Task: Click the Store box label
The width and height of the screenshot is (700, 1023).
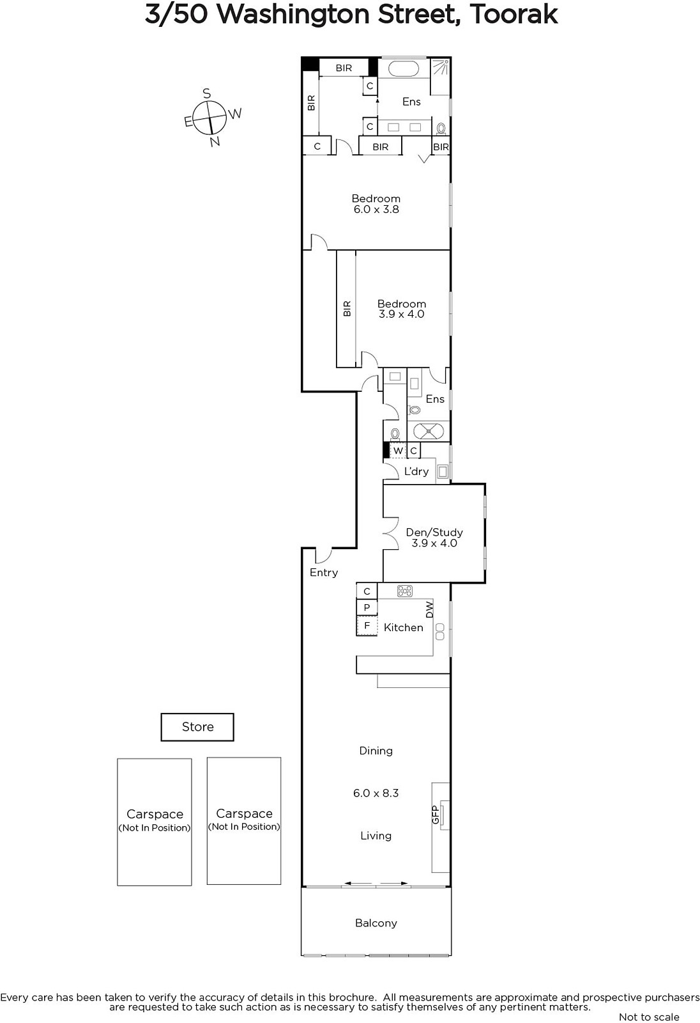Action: (x=197, y=726)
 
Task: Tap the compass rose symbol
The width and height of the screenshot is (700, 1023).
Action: (x=209, y=118)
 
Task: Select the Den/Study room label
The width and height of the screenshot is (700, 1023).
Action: (x=434, y=532)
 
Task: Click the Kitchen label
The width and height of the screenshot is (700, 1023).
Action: (x=404, y=627)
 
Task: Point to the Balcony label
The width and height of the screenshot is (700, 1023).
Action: (x=376, y=923)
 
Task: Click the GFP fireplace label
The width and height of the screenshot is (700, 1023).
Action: (x=435, y=815)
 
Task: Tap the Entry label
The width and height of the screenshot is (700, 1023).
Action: (x=324, y=573)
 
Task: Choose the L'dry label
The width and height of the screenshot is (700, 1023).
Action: (x=416, y=471)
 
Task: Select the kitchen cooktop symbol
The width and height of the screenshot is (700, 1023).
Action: (x=405, y=591)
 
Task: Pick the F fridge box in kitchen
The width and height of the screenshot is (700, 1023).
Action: (x=367, y=626)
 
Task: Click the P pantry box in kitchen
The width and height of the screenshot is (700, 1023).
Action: (x=367, y=607)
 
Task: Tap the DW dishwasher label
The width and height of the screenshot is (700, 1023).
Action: (x=429, y=610)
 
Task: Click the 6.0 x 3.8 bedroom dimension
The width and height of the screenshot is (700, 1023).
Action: (x=376, y=209)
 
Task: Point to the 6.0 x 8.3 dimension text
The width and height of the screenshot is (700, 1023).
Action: (x=376, y=793)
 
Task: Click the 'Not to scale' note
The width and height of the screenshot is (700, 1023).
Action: (x=649, y=1017)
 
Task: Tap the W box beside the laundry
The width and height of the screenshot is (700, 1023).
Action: (x=398, y=451)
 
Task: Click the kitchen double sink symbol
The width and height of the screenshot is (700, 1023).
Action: (x=440, y=632)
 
